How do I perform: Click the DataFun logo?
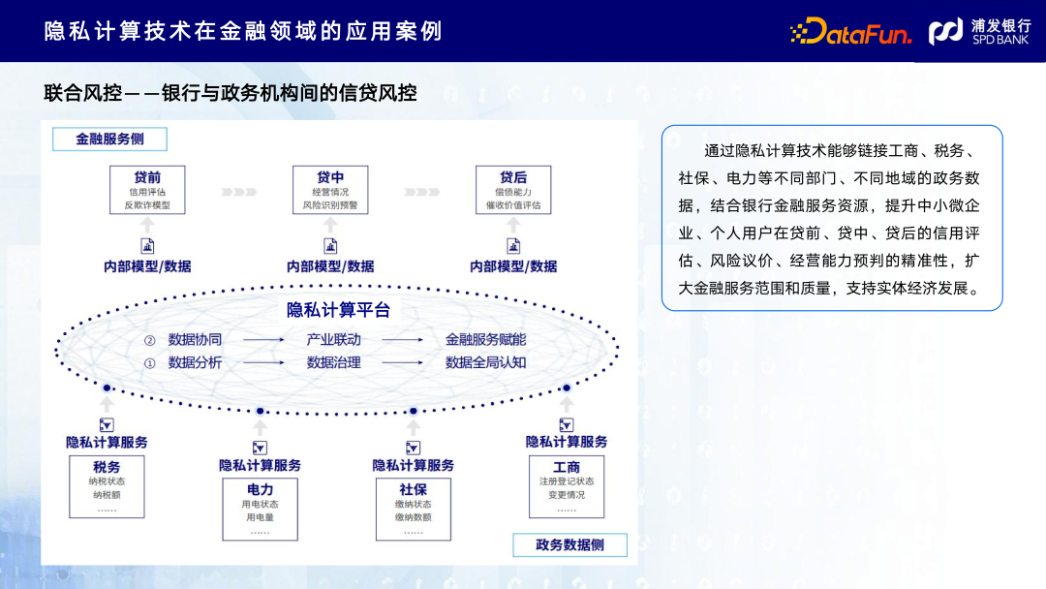(850, 32)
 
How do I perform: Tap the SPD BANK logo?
(979, 32)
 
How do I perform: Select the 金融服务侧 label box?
(109, 139)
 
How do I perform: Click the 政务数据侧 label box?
(569, 544)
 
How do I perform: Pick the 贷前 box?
(147, 190)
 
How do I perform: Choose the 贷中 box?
(330, 190)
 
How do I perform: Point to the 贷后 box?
(513, 190)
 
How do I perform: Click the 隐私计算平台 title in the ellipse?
(338, 310)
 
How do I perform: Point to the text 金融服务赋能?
(485, 340)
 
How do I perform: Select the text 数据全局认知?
(485, 362)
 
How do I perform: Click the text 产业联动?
(333, 340)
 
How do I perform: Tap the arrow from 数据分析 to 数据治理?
(263, 363)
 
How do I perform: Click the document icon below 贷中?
(330, 246)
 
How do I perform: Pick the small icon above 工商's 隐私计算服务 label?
(567, 424)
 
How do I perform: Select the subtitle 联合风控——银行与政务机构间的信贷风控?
(231, 93)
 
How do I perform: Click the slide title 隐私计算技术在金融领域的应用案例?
(243, 31)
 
